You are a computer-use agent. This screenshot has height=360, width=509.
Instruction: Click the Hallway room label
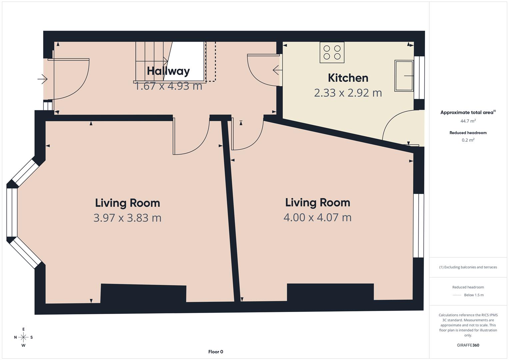point(168,71)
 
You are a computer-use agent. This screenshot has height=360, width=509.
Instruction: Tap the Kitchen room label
point(348,78)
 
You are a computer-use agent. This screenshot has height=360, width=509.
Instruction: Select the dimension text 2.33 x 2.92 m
point(348,93)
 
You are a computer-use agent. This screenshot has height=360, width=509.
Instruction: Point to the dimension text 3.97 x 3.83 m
point(127,218)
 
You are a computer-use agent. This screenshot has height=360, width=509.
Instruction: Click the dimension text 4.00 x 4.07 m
point(317,217)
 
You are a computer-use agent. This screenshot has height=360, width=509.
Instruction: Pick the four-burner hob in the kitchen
point(332,52)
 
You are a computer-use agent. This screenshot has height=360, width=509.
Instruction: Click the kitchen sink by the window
point(404,76)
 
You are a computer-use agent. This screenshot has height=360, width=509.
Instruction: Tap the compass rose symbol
point(23,337)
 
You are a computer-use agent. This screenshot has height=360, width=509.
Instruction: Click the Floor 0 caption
point(216,352)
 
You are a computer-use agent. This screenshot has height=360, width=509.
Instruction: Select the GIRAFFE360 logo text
point(468,345)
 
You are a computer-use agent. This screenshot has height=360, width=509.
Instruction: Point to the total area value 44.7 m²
point(468,121)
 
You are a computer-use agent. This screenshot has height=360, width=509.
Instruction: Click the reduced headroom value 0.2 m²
point(468,140)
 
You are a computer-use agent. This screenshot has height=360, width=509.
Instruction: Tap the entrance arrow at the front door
point(42,79)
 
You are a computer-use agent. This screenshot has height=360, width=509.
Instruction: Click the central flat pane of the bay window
point(12,212)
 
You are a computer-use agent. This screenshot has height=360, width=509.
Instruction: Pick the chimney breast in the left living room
point(143,293)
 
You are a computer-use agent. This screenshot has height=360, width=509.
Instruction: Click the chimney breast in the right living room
point(330,292)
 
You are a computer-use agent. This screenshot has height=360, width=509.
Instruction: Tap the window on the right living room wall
point(418,226)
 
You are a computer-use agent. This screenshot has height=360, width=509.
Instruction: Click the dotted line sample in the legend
point(457,295)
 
